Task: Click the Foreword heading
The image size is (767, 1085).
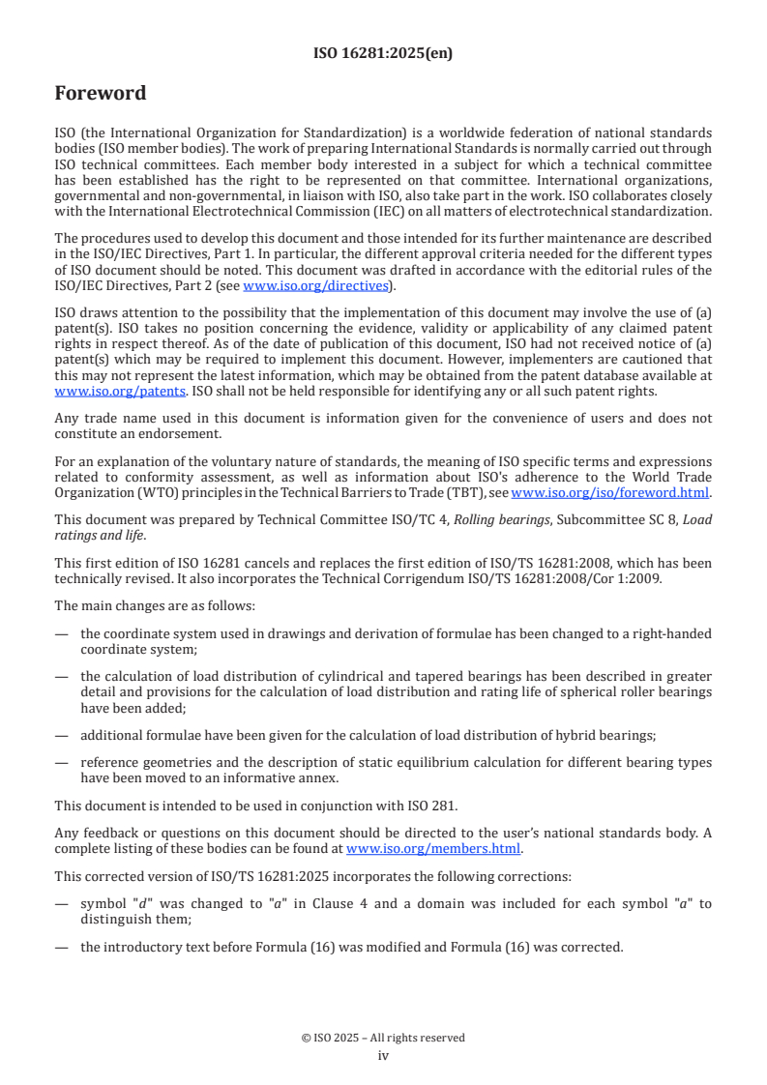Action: pyautogui.click(x=101, y=94)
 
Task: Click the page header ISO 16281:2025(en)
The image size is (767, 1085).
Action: pyautogui.click(x=383, y=54)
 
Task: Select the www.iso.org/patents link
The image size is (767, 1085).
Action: pyautogui.click(x=96, y=391)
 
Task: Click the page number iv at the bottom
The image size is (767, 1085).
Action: pyautogui.click(x=383, y=1055)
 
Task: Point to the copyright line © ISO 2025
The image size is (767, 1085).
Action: pyautogui.click(x=383, y=1038)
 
